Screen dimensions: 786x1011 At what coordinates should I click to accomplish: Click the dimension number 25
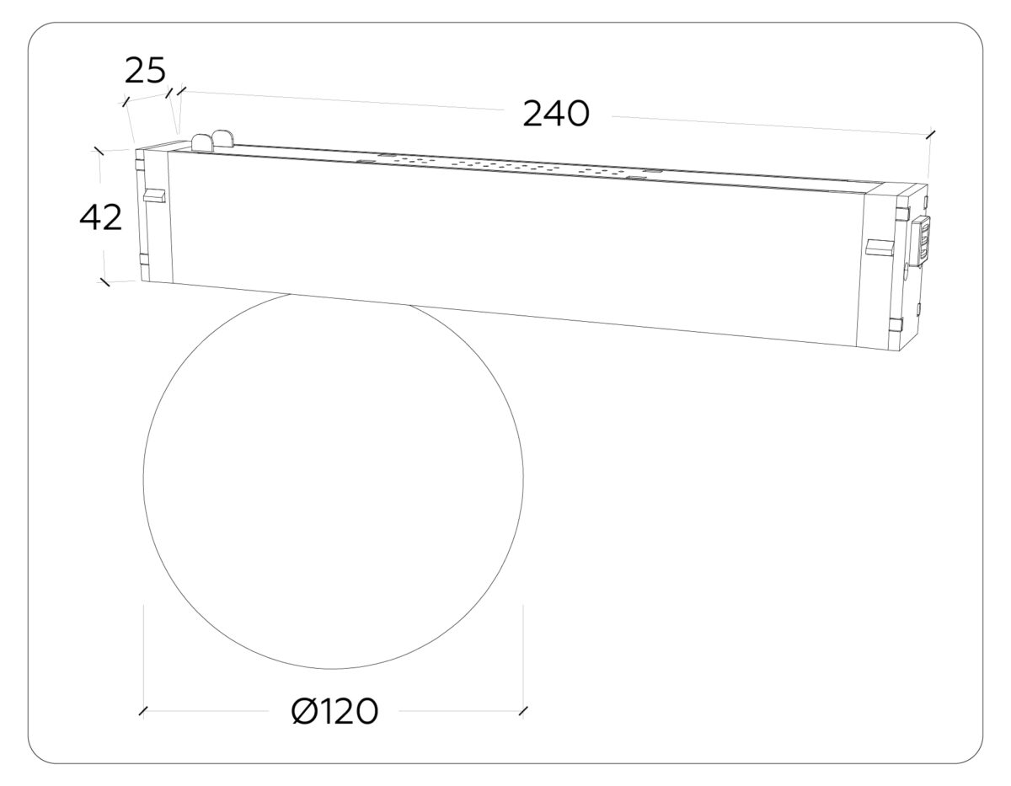(x=145, y=72)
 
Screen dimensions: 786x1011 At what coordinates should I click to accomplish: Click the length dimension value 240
(x=555, y=114)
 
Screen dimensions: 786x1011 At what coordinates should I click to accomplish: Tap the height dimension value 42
(x=101, y=218)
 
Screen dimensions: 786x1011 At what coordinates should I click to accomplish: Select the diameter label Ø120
(x=335, y=712)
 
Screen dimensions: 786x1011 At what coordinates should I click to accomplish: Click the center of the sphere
(x=334, y=481)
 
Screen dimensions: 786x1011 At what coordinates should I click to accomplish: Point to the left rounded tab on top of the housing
(x=203, y=142)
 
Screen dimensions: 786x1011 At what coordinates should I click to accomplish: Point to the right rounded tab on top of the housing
(x=225, y=138)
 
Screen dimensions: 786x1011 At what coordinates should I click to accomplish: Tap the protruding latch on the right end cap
(x=880, y=246)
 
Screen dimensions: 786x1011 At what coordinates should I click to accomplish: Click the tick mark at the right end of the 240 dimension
(x=930, y=134)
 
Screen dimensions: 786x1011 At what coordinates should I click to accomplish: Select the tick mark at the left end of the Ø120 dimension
(x=143, y=712)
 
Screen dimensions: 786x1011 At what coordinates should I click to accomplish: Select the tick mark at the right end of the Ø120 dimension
(x=524, y=712)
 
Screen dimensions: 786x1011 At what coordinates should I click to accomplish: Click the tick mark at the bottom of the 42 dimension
(x=104, y=281)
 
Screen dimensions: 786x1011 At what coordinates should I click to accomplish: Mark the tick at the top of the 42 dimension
(x=99, y=152)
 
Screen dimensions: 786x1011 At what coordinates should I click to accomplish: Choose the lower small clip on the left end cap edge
(x=142, y=259)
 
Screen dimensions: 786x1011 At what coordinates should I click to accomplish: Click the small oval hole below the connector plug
(x=906, y=273)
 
